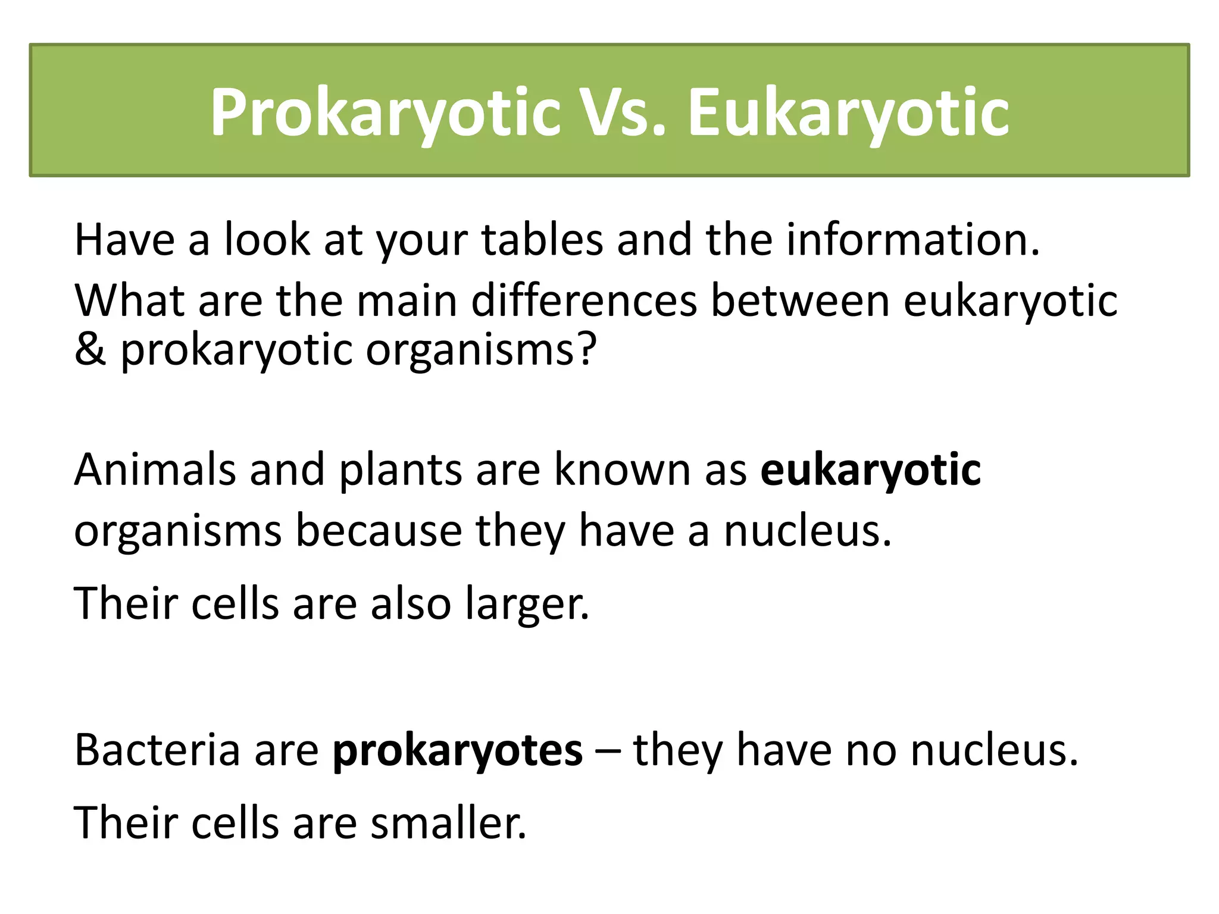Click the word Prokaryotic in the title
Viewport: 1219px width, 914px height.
[x=386, y=113]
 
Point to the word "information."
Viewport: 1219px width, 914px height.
[x=913, y=240]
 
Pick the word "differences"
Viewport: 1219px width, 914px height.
[x=584, y=301]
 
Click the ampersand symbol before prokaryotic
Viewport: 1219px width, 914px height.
[x=90, y=349]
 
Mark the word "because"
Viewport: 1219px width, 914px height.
[x=379, y=531]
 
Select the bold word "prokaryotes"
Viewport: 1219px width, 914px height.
[x=457, y=751]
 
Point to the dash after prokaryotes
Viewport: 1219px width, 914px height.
[x=607, y=751]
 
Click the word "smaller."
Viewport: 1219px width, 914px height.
[x=448, y=824]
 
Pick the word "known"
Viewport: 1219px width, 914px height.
[x=622, y=470]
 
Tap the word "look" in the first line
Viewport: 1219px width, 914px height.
[x=267, y=240]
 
